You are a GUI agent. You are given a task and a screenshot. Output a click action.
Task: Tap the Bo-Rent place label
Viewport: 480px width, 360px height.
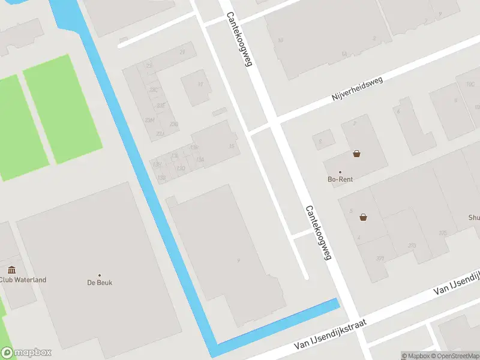click(x=340, y=179)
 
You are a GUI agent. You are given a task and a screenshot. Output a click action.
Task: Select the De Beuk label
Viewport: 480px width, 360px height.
click(x=100, y=282)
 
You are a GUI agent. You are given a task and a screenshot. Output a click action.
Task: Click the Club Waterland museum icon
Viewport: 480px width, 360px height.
click(x=11, y=270)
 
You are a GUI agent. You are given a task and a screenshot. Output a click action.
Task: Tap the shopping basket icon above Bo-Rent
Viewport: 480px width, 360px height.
click(x=357, y=154)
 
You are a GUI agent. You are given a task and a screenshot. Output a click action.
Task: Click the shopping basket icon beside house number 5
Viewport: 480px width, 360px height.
click(x=363, y=217)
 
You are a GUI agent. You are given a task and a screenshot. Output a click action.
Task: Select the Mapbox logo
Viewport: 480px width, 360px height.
click(x=26, y=353)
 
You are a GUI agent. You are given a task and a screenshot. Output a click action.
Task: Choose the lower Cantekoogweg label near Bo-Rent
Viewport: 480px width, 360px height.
click(x=318, y=233)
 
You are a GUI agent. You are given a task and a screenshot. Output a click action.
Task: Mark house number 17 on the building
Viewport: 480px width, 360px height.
click(x=200, y=85)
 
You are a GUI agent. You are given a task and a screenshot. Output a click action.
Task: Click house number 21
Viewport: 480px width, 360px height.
click(x=182, y=52)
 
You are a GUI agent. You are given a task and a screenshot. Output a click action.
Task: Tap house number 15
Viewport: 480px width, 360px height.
click(x=232, y=146)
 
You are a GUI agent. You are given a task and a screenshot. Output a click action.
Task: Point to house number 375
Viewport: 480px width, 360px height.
click(x=443, y=233)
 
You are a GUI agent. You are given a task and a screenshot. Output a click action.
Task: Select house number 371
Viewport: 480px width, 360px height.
click(x=380, y=259)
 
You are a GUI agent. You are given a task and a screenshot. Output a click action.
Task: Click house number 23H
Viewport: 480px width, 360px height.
click(x=149, y=120)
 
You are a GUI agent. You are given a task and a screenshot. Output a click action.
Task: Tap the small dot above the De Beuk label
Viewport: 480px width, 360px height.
click(x=100, y=275)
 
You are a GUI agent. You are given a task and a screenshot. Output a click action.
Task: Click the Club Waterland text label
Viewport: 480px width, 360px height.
click(x=23, y=280)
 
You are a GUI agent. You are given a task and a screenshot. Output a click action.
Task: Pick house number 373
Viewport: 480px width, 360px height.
click(x=412, y=245)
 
